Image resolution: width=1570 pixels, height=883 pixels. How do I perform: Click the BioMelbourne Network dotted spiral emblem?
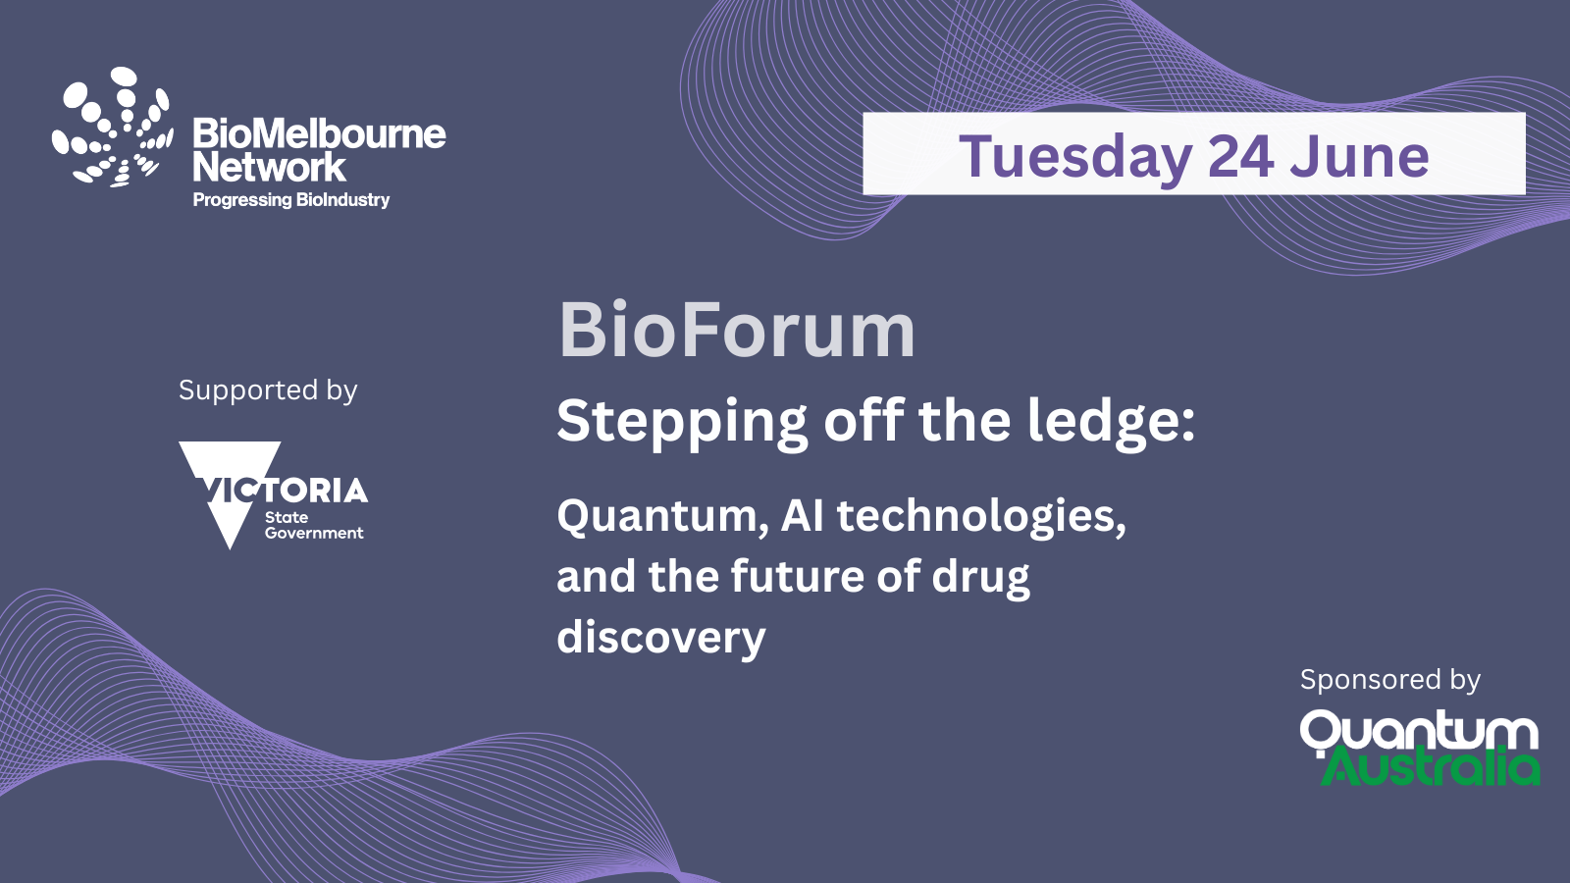pyautogui.click(x=112, y=128)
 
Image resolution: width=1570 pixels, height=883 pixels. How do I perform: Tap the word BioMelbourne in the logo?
pyautogui.click(x=319, y=133)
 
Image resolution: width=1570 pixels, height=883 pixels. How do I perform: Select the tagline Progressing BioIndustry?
pyautogui.click(x=290, y=200)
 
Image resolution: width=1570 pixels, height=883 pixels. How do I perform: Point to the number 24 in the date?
pyautogui.click(x=1240, y=156)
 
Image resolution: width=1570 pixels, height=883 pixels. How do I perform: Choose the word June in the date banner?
pyautogui.click(x=1359, y=156)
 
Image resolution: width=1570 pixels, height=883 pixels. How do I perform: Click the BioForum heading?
pyautogui.click(x=736, y=330)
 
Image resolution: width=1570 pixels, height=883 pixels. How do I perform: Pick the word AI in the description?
pyautogui.click(x=802, y=515)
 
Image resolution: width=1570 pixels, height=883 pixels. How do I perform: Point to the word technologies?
pyautogui.click(x=981, y=518)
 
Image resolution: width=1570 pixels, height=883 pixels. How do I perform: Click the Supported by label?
pyautogui.click(x=268, y=391)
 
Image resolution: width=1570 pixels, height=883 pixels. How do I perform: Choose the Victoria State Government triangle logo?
pyautogui.click(x=274, y=494)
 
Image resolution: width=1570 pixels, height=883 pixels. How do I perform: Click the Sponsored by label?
pyautogui.click(x=1389, y=680)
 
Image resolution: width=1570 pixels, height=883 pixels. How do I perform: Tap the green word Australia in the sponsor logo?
pyautogui.click(x=1430, y=766)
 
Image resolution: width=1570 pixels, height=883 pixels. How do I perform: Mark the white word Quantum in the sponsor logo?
pyautogui.click(x=1419, y=732)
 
